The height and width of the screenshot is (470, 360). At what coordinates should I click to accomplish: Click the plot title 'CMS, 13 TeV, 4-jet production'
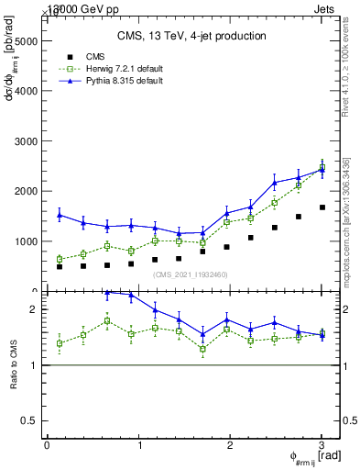pyautogui.click(x=191, y=36)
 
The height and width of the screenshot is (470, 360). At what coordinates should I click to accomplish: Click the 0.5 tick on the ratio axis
pyautogui.click(x=30, y=420)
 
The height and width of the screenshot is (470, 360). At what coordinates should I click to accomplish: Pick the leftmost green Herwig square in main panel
pyautogui.click(x=60, y=260)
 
